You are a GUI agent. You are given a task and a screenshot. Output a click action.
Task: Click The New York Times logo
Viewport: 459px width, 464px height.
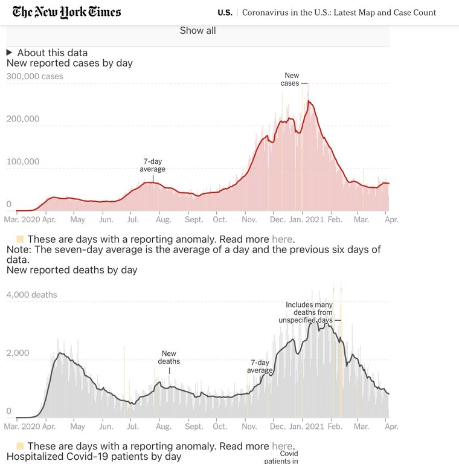66,12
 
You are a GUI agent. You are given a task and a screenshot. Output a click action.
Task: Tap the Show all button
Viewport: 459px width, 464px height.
197,31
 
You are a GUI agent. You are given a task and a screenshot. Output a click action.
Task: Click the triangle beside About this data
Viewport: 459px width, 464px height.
9,53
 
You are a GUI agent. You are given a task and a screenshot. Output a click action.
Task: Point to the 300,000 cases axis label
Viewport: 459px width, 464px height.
34,77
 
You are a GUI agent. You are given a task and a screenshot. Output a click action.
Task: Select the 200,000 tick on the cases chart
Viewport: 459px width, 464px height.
23,119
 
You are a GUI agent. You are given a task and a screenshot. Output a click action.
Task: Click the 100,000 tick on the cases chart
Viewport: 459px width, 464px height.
23,162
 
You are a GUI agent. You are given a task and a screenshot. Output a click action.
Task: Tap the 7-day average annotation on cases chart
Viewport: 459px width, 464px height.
153,166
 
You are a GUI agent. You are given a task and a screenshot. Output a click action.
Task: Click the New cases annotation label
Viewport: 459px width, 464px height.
290,80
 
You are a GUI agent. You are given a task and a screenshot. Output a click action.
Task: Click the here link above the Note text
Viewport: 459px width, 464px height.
282,239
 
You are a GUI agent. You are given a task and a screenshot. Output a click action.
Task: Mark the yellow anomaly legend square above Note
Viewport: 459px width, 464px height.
20,239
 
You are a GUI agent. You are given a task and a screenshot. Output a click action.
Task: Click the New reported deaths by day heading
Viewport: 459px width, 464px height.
72,270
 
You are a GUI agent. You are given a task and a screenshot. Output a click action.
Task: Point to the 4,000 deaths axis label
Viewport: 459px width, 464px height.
31,295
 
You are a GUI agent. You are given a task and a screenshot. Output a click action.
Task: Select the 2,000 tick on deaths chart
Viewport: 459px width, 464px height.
18,353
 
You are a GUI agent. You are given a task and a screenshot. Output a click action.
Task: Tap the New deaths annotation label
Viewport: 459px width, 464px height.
169,358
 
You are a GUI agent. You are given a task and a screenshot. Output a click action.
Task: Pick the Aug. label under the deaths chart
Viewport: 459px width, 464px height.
163,427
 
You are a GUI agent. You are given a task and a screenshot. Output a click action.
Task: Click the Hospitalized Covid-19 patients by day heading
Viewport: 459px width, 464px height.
94,457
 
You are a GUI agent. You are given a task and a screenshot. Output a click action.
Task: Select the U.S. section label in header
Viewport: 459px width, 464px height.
225,13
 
